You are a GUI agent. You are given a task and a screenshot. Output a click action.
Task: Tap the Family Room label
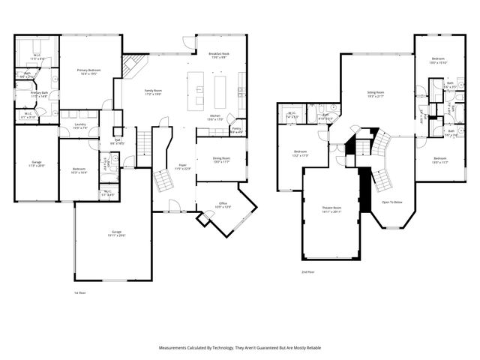click(153, 91)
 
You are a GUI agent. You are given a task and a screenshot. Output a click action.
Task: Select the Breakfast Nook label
click(220, 54)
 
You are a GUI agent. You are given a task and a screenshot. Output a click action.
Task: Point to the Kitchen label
click(215, 115)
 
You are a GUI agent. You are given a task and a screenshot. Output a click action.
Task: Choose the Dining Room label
click(220, 158)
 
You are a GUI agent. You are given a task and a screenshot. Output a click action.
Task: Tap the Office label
click(223, 203)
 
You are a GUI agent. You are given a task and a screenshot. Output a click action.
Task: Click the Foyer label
click(182, 166)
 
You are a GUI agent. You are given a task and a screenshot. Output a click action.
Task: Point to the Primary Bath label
click(39, 93)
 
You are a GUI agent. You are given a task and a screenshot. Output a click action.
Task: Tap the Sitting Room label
click(375, 93)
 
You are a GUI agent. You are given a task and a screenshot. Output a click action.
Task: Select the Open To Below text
click(392, 202)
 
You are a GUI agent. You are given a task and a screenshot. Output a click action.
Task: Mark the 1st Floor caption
click(80, 292)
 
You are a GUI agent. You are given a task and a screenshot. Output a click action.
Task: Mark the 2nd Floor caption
click(307, 271)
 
